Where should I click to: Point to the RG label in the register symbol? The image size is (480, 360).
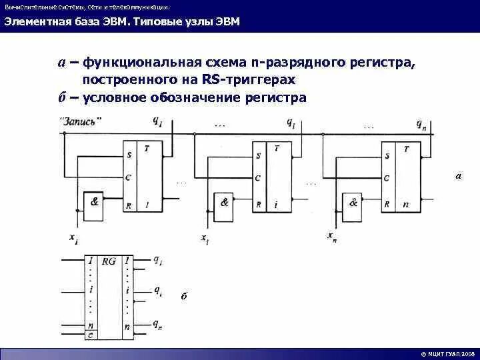click(109, 261)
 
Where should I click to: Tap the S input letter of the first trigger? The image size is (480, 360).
click(128, 156)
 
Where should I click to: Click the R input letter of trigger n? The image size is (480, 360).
click(386, 205)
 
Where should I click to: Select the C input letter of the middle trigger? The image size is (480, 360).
click(257, 178)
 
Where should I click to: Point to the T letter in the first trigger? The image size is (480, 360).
click(147, 148)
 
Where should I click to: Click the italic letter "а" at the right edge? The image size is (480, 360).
click(458, 177)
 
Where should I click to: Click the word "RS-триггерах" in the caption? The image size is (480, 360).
click(257, 79)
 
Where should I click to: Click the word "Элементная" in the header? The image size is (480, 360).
click(32, 22)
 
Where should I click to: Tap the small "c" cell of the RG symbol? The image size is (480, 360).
click(91, 335)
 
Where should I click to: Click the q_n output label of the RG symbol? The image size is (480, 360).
click(157, 325)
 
